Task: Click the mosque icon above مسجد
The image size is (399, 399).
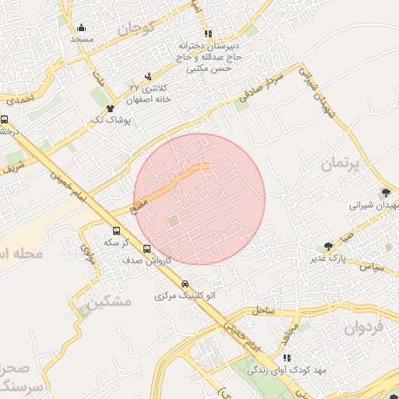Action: (82, 28)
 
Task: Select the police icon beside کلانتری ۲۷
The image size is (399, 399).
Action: (149, 76)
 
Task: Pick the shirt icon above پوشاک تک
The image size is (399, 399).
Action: (111, 108)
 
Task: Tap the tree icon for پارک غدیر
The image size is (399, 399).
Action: (328, 246)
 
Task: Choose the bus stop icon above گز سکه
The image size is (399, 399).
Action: (117, 231)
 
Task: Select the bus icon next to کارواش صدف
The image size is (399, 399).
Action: (147, 249)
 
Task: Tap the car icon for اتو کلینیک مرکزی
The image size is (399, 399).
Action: (185, 284)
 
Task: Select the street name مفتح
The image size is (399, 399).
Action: (136, 203)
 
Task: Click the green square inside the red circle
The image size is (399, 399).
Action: (172, 222)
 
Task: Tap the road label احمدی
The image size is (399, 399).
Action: (21, 101)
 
